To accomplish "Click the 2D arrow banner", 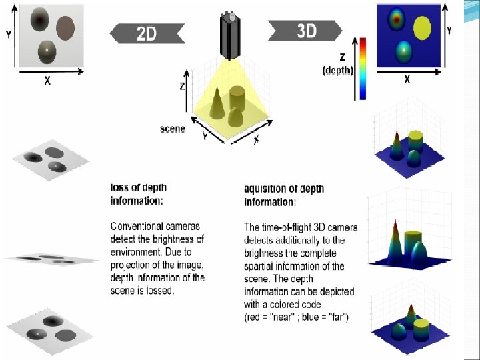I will click(x=147, y=33).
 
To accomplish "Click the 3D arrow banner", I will click(x=306, y=31).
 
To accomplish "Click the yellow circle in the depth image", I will click(x=423, y=28).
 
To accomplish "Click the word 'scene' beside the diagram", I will click(x=173, y=128).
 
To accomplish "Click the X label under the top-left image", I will click(x=47, y=81).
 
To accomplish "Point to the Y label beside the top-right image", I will click(x=449, y=30).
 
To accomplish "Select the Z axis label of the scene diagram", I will click(x=182, y=86).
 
